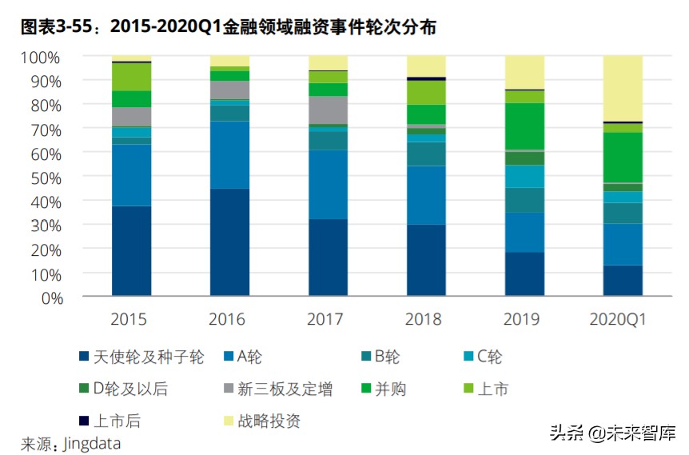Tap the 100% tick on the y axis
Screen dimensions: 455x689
click(x=40, y=58)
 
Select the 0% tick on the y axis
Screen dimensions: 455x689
click(x=48, y=297)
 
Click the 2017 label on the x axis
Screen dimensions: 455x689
click(x=327, y=320)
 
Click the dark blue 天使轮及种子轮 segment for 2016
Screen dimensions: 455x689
click(x=229, y=242)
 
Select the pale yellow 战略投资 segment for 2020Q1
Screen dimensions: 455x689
click(x=623, y=88)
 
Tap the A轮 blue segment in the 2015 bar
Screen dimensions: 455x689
click(x=131, y=175)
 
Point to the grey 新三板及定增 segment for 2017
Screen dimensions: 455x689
click(x=328, y=110)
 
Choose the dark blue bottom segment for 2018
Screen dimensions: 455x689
click(x=426, y=260)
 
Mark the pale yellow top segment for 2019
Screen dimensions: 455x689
click(x=524, y=72)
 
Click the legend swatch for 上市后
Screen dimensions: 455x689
click(x=84, y=421)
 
